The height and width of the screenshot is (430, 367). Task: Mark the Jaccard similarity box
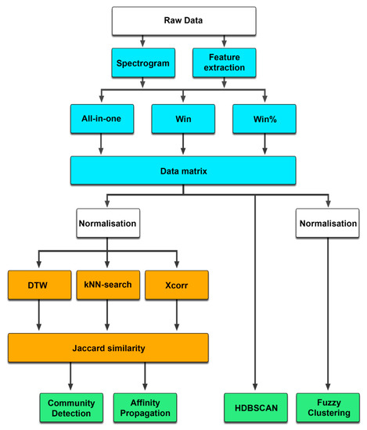[x=108, y=346]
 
